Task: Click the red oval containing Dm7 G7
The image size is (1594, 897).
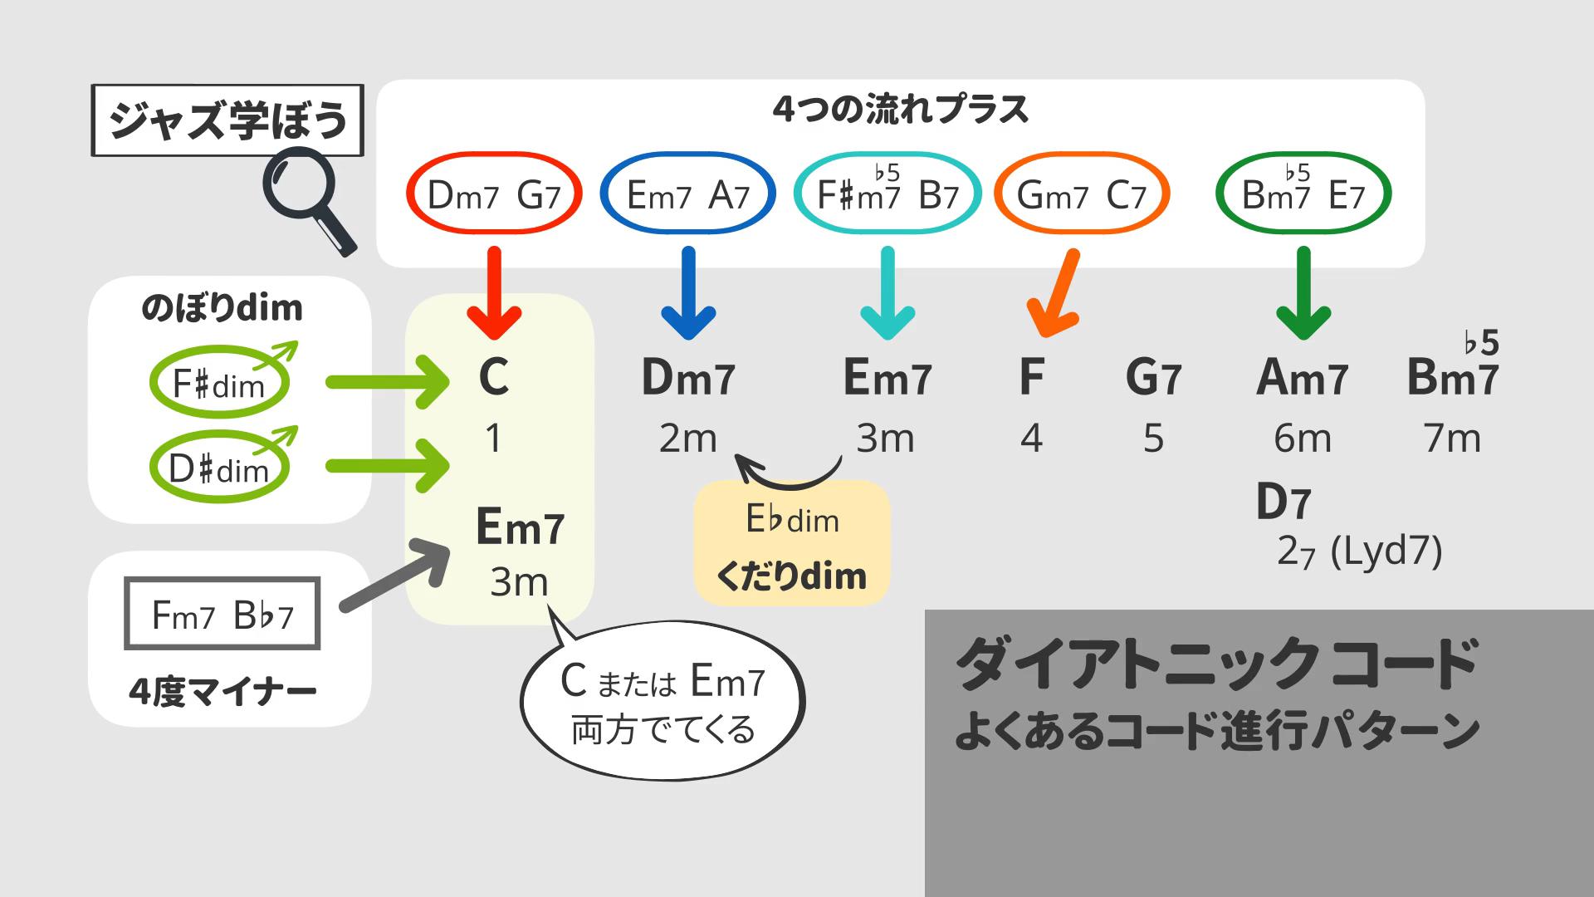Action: [x=494, y=194]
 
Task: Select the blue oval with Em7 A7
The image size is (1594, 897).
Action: [x=687, y=194]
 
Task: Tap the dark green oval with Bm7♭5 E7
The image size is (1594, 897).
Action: [x=1303, y=194]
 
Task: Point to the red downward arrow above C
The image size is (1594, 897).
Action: [x=494, y=295]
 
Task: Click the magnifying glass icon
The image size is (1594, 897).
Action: [x=307, y=199]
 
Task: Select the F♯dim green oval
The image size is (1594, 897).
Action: [x=219, y=384]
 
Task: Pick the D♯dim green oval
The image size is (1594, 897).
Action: [x=219, y=468]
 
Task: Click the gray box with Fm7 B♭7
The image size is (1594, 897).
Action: [x=222, y=615]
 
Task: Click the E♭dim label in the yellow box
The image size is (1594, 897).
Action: [x=792, y=520]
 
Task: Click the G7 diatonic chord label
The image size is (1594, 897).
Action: [x=1153, y=378]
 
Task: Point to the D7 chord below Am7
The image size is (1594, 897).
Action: [x=1283, y=502]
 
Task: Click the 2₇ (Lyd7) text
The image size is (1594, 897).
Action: [x=1359, y=551]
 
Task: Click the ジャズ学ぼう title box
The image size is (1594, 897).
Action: [x=227, y=120]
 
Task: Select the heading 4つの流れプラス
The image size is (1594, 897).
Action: [x=900, y=110]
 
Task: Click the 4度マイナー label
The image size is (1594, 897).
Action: [x=222, y=691]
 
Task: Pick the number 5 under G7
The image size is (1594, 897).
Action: [x=1153, y=439]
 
